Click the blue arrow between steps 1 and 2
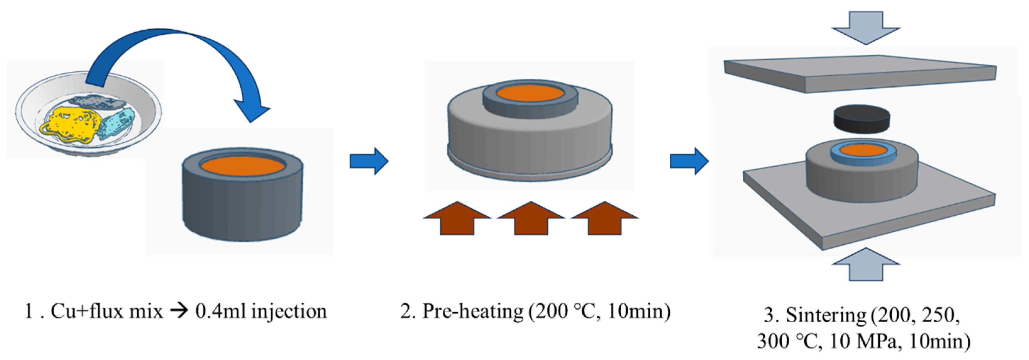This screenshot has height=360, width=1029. [x=369, y=161]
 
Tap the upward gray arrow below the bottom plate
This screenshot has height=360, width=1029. [x=866, y=265]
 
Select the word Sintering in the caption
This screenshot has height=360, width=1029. [x=826, y=315]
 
